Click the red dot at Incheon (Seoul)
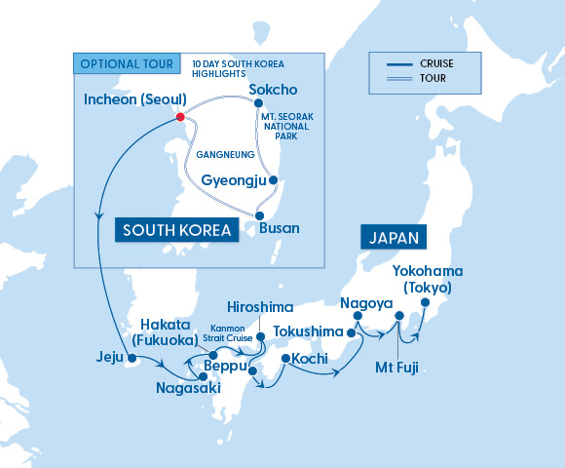pos(179,117)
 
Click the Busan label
pos(281,227)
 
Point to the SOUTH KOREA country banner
pos(176,230)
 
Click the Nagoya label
pos(365,302)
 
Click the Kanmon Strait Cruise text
pos(231,333)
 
